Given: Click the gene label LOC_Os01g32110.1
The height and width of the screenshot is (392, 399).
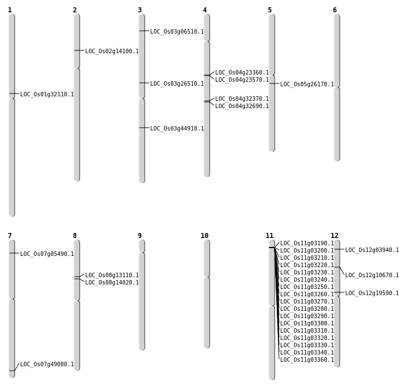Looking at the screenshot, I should point(47,95).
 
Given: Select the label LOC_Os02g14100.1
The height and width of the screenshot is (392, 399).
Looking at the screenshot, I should point(112,52).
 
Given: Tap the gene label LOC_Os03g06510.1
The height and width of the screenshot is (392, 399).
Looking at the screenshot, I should point(177,32).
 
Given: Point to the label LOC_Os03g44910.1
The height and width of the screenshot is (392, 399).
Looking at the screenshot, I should point(177,129).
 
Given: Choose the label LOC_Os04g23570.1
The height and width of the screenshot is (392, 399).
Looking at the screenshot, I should point(242,80).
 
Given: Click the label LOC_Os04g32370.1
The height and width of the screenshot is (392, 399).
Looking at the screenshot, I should point(242,99).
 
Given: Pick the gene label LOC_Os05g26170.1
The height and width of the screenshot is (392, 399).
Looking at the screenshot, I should point(307,85).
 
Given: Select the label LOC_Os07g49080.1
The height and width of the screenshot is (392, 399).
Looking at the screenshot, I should point(47,365).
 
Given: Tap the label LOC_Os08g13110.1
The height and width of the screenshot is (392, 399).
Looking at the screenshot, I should point(112,276).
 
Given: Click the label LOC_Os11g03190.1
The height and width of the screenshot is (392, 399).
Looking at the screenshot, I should point(307,244).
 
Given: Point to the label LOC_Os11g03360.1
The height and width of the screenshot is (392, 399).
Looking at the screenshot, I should point(307,360).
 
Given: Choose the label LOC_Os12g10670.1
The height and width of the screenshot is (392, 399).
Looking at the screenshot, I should point(372,276).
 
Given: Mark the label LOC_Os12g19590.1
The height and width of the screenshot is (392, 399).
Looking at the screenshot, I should point(372,293).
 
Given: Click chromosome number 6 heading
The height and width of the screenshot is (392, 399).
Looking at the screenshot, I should point(335,10).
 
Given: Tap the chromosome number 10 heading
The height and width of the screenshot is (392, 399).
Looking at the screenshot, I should point(205,236).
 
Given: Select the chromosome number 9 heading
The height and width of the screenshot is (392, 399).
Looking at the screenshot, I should point(140,236).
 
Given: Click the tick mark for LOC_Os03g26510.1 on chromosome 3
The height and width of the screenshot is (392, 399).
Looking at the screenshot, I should point(142,83).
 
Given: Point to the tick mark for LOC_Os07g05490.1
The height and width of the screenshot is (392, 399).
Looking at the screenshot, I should point(12,253).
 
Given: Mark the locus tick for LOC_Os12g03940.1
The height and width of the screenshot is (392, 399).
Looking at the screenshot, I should point(337,249).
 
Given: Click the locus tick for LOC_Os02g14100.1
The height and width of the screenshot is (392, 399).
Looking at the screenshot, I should point(77,50).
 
